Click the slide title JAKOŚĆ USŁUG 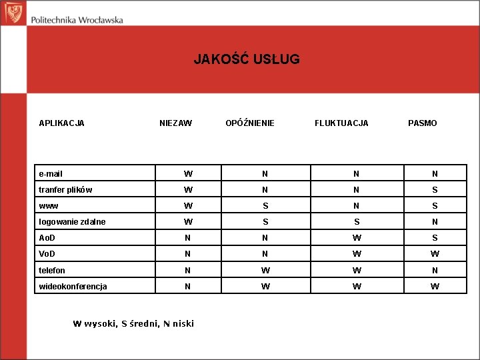click(x=247, y=59)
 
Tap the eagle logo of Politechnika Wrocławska click(x=13, y=13)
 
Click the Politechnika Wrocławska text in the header click(x=77, y=19)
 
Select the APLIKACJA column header click(x=61, y=123)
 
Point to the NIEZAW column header click(x=175, y=123)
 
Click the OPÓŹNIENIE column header click(x=250, y=123)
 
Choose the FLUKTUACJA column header click(x=341, y=123)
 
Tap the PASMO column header click(x=423, y=123)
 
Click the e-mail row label click(x=51, y=174)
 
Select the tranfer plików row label click(x=65, y=190)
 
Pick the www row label click(x=49, y=206)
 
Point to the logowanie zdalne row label click(x=72, y=222)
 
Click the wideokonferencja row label click(x=73, y=287)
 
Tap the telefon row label click(x=53, y=271)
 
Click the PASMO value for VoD click(x=435, y=254)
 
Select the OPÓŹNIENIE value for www click(x=265, y=206)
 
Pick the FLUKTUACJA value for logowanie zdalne click(x=357, y=222)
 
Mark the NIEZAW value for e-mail click(x=189, y=174)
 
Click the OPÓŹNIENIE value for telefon click(x=265, y=271)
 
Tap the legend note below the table click(x=133, y=324)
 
